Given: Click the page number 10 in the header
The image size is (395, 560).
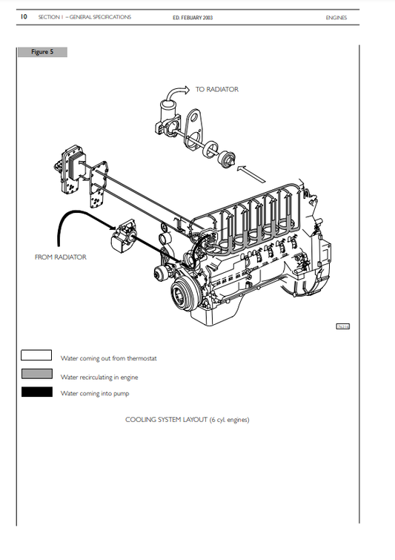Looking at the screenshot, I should [24, 17].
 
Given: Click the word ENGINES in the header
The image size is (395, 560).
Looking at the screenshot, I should [336, 17].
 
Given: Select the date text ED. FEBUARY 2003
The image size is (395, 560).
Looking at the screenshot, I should [193, 17].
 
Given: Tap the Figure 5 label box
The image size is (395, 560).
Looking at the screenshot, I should [42, 52].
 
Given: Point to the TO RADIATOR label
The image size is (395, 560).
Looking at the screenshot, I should [216, 90].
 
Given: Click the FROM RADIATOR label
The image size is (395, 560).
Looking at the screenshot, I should [60, 257].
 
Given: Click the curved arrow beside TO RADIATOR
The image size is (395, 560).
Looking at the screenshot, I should [176, 93].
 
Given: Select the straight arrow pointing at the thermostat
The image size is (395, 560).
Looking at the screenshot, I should [251, 176].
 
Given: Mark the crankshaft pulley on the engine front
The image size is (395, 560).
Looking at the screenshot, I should [182, 297].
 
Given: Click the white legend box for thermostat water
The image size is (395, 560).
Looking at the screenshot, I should [36, 356].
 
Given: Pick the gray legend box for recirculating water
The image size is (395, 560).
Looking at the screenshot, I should [36, 375].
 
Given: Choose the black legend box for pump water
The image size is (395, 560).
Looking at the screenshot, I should [36, 392].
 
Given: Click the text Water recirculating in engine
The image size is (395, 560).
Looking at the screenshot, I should [99, 377].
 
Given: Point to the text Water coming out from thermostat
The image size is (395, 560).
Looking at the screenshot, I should [108, 358].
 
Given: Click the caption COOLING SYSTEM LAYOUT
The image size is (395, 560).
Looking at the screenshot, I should [187, 420].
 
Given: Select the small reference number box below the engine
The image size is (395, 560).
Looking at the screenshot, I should [343, 326].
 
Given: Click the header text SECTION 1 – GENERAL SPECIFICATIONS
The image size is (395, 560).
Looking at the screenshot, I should [84, 17].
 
